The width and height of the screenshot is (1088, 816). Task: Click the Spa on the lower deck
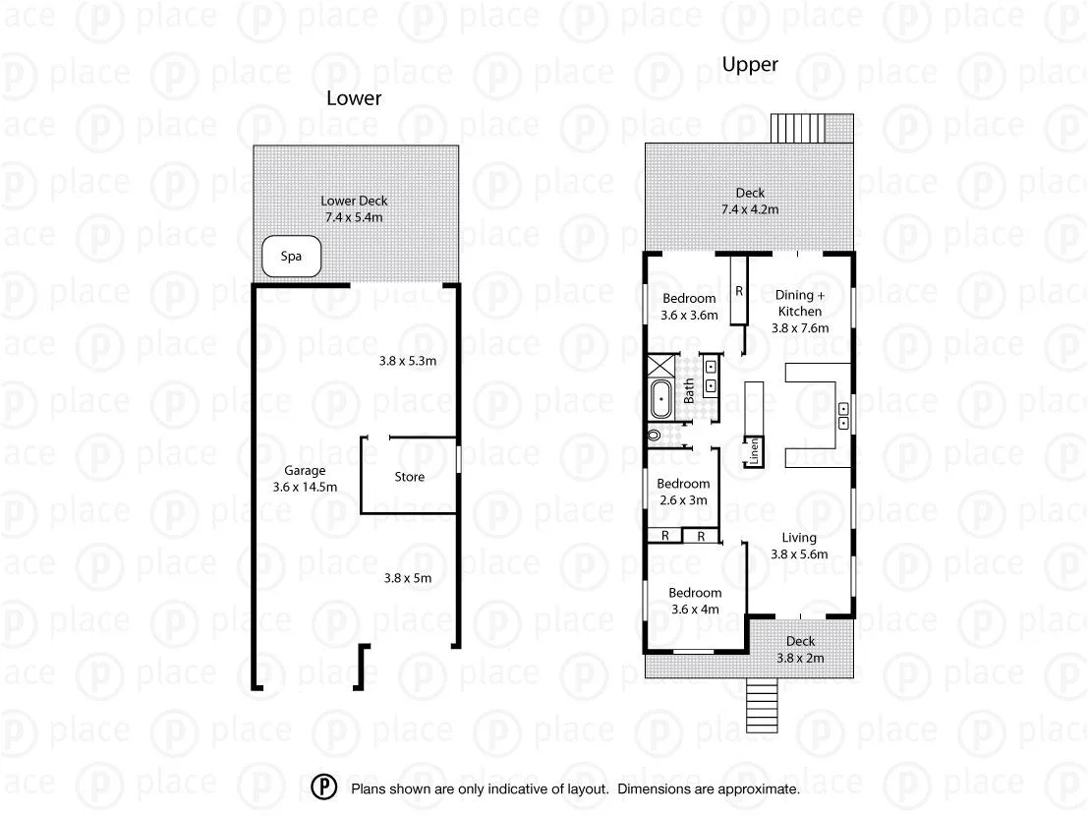tap(291, 257)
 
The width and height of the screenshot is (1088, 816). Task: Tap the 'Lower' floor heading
tap(354, 98)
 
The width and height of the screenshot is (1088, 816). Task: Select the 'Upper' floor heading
tap(750, 65)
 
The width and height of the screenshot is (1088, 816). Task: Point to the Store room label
tap(410, 477)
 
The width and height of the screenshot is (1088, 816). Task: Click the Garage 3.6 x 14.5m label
tap(305, 478)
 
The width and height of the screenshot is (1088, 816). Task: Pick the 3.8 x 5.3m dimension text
tap(407, 361)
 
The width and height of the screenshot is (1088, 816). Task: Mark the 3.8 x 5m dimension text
tap(407, 578)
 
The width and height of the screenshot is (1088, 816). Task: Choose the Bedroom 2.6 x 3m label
tap(683, 492)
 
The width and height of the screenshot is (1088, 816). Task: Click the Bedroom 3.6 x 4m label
tap(695, 601)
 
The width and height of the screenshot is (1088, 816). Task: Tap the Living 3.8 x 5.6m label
tap(799, 546)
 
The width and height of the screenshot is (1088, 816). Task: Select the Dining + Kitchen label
tap(799, 311)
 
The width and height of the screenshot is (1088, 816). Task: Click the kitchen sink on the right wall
tap(843, 416)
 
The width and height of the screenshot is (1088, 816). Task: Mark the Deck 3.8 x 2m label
tap(800, 650)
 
